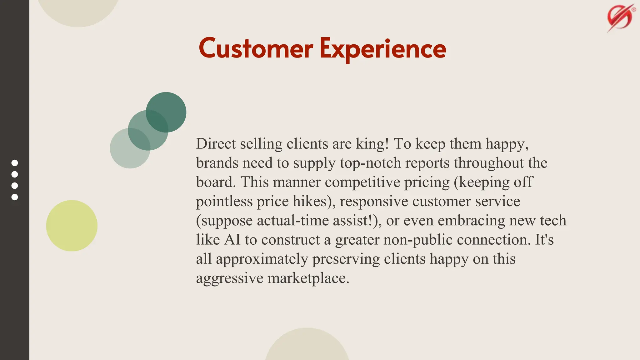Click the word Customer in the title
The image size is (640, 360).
pos(256,49)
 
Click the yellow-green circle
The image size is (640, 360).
pos(72,226)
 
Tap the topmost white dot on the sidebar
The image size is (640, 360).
pos(15,163)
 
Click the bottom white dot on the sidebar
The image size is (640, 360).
pos(15,197)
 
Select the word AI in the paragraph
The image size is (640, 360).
pos(232,240)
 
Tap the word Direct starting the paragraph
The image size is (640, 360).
pos(216,144)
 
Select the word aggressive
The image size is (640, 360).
pos(229,278)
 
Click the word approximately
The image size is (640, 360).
pos(262,259)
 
